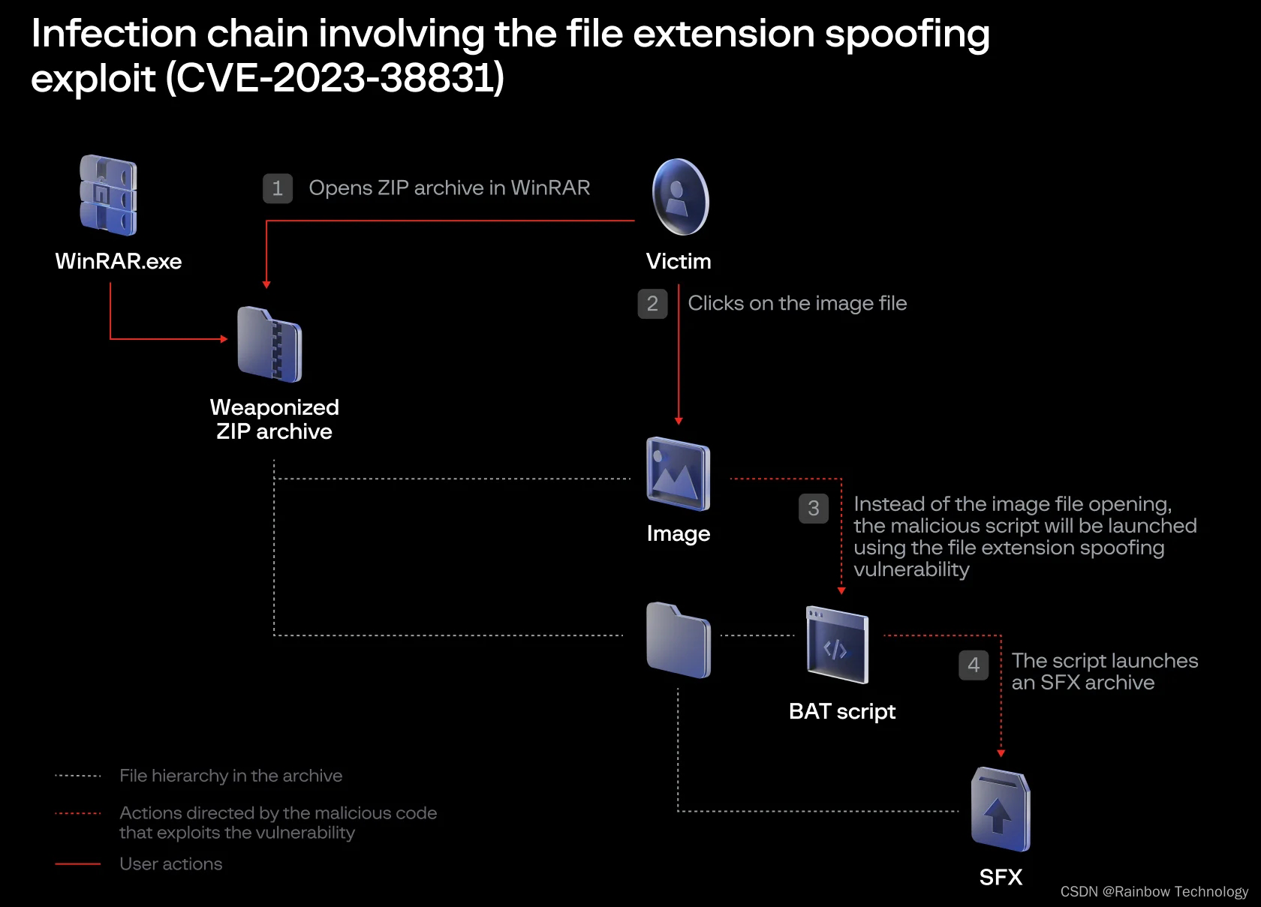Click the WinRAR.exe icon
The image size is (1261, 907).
[108, 195]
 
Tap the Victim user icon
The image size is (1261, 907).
[680, 197]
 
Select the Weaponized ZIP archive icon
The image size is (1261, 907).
[269, 344]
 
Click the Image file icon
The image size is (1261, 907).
[678, 474]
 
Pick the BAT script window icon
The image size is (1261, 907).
[837, 645]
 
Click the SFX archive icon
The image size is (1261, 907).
[1000, 810]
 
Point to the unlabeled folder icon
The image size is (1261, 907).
[678, 640]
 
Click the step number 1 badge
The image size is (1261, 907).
[277, 188]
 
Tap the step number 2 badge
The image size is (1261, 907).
[652, 304]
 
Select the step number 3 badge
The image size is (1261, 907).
[813, 509]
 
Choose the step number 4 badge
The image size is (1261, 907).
[974, 665]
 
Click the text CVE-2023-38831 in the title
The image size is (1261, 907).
[335, 78]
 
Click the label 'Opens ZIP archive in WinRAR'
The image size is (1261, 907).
[449, 188]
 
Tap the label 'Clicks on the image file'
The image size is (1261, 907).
[797, 303]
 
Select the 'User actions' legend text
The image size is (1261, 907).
[170, 864]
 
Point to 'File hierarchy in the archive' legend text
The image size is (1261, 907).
[230, 776]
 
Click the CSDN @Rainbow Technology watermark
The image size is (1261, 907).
[1154, 891]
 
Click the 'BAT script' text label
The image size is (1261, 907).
[841, 711]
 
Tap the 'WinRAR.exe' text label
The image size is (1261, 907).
[119, 261]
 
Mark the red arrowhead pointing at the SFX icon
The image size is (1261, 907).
[1001, 753]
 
